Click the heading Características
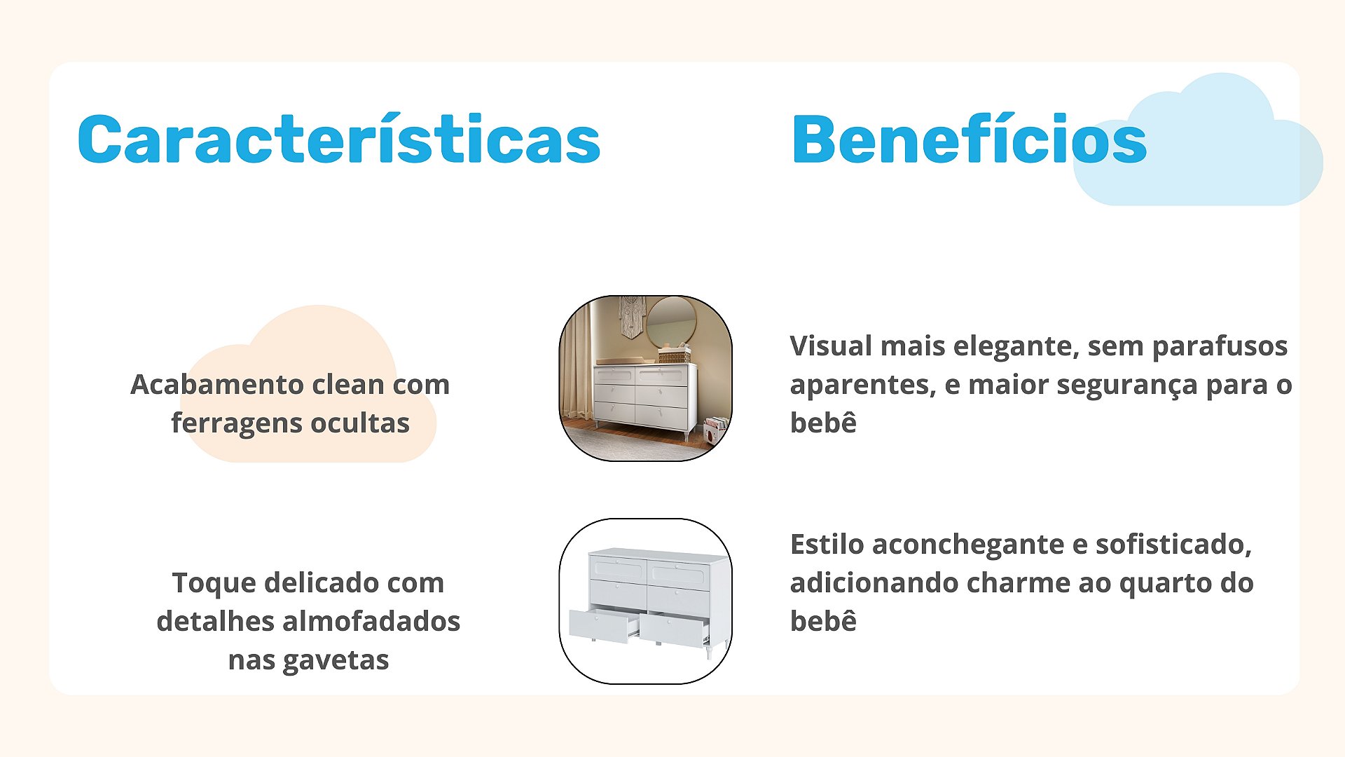coord(339,139)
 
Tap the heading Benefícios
coord(969,139)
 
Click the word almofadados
coord(371,621)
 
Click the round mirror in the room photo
coord(670,322)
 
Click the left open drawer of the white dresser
coord(602,625)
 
